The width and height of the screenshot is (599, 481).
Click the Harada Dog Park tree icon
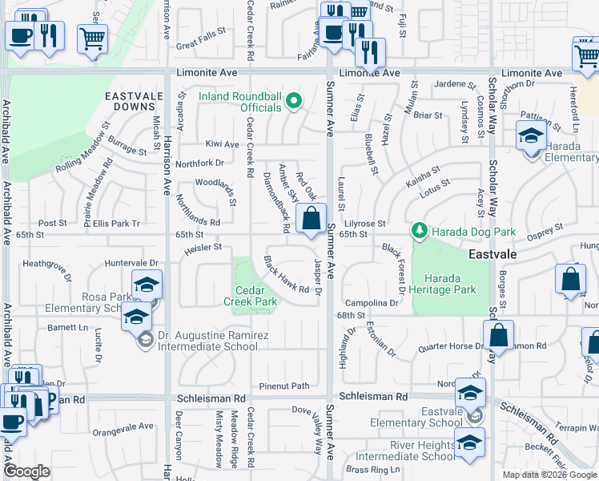pos(419,232)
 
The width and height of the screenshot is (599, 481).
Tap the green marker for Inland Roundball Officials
pos(294,101)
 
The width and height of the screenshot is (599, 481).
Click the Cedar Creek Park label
pos(255,296)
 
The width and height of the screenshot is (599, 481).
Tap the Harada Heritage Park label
pos(446,284)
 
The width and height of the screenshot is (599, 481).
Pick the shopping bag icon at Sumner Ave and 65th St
pos(311,217)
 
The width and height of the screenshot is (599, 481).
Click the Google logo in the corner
pos(27,471)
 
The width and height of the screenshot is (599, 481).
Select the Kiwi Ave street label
pos(222,144)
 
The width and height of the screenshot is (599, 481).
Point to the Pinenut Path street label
pos(283,386)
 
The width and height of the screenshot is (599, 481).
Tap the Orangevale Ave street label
pos(123,426)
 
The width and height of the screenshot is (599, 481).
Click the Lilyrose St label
pos(365,224)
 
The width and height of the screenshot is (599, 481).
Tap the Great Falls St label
pos(203,46)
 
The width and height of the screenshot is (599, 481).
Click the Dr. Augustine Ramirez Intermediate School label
pos(207,342)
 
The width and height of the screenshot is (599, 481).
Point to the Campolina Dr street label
pos(372,304)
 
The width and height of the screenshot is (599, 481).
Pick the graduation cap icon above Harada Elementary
pos(531,135)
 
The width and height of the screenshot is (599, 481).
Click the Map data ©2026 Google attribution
pos(549,475)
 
